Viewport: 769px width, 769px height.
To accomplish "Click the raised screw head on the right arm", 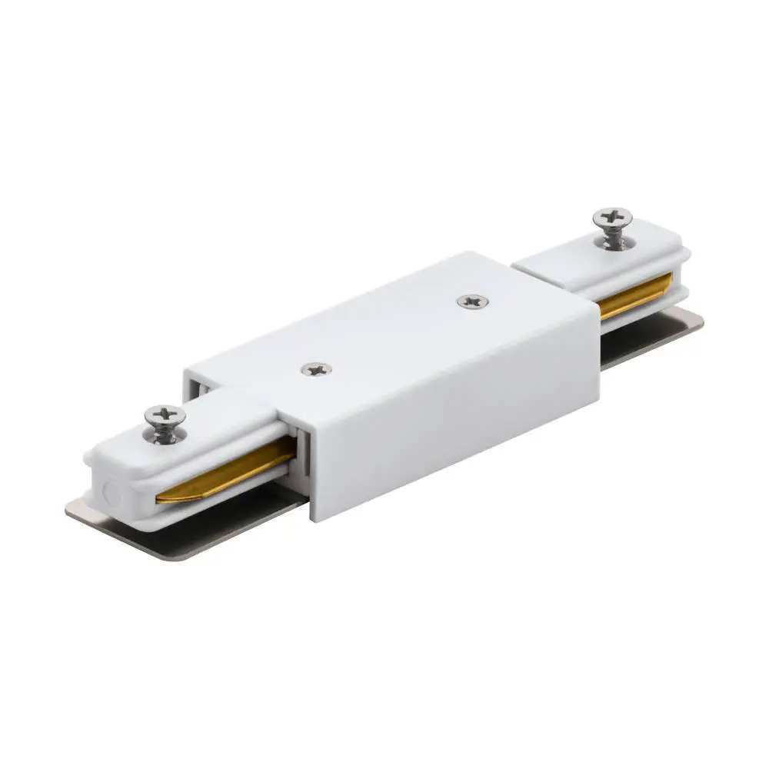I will point(613,218).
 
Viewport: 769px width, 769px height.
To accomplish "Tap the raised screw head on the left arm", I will point(165,416).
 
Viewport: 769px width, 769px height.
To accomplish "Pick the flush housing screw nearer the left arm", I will point(316,370).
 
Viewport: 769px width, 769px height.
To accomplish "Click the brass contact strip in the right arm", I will point(636,295).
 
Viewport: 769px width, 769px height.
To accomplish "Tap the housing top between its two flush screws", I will point(392,335).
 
